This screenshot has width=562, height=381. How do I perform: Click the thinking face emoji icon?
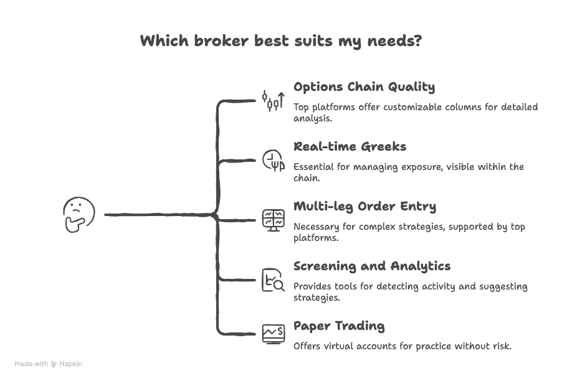79,215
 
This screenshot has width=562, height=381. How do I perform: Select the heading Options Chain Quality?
364,87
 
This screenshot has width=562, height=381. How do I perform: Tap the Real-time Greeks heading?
350,146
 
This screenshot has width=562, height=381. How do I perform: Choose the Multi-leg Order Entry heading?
364,206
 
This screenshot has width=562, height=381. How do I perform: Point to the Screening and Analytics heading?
372,266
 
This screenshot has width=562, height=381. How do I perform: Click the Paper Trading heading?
339,326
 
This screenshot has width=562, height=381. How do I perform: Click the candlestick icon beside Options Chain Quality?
273,100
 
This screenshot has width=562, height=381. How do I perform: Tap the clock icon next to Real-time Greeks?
273,160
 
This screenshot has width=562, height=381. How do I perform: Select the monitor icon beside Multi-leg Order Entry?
273,220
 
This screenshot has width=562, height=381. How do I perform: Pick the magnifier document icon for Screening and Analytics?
273,280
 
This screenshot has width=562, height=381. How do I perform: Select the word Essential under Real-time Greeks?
313,167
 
